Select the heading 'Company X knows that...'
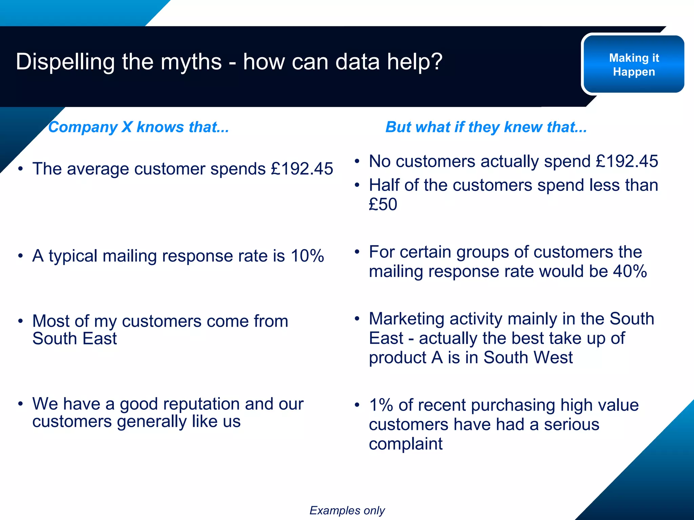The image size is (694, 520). pos(139,127)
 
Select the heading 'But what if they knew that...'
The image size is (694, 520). pos(486,127)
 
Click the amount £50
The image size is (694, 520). pos(383,204)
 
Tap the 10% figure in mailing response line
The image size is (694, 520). pos(307,256)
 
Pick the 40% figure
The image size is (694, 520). pos(630,272)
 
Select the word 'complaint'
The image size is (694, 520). pos(406,444)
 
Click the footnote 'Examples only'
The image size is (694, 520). pos(347,511)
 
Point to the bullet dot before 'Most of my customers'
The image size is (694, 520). pos(21,321)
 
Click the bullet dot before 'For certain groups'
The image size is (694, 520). pos(357,252)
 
